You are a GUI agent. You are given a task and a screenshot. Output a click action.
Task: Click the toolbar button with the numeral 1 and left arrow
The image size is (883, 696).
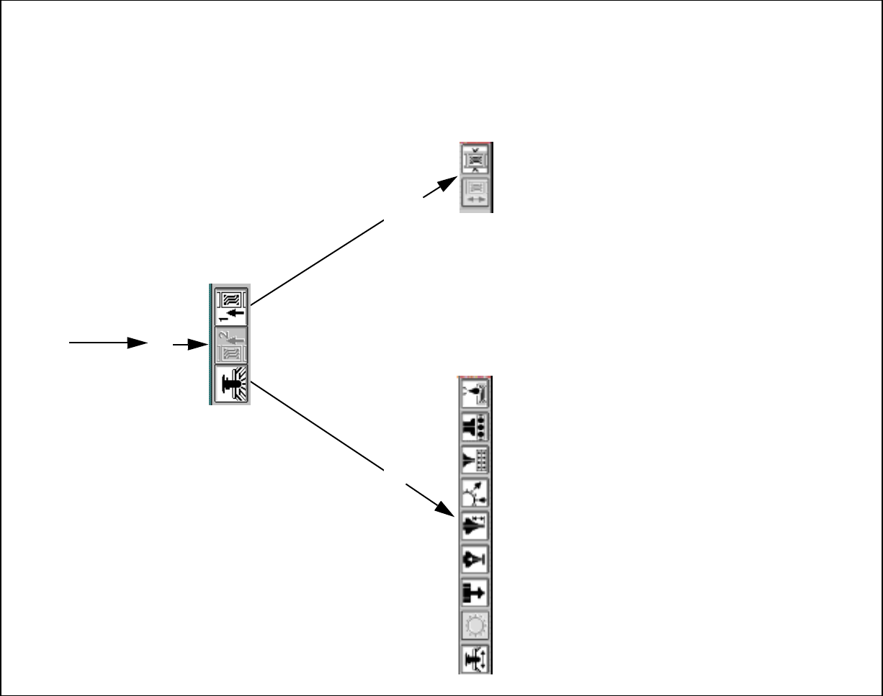tap(231, 305)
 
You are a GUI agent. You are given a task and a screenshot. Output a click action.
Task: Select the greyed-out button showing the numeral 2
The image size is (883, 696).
tap(231, 345)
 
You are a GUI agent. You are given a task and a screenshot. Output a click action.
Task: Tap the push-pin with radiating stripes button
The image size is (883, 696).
tap(231, 384)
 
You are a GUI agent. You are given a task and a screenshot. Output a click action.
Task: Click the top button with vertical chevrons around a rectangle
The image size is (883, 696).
tap(475, 159)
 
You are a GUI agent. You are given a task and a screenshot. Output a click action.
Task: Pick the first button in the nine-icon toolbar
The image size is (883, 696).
tap(475, 393)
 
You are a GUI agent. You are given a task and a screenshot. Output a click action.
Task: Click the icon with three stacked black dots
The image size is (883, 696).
tap(475, 426)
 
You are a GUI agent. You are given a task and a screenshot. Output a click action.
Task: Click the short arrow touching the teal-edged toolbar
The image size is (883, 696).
tap(191, 345)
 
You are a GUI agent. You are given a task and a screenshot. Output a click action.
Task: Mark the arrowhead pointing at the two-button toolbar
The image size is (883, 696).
tap(449, 182)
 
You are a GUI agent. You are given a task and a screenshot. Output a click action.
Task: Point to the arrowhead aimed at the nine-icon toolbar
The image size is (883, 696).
tap(447, 509)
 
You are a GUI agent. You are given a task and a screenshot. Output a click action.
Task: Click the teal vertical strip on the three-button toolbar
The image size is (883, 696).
tap(210, 344)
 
